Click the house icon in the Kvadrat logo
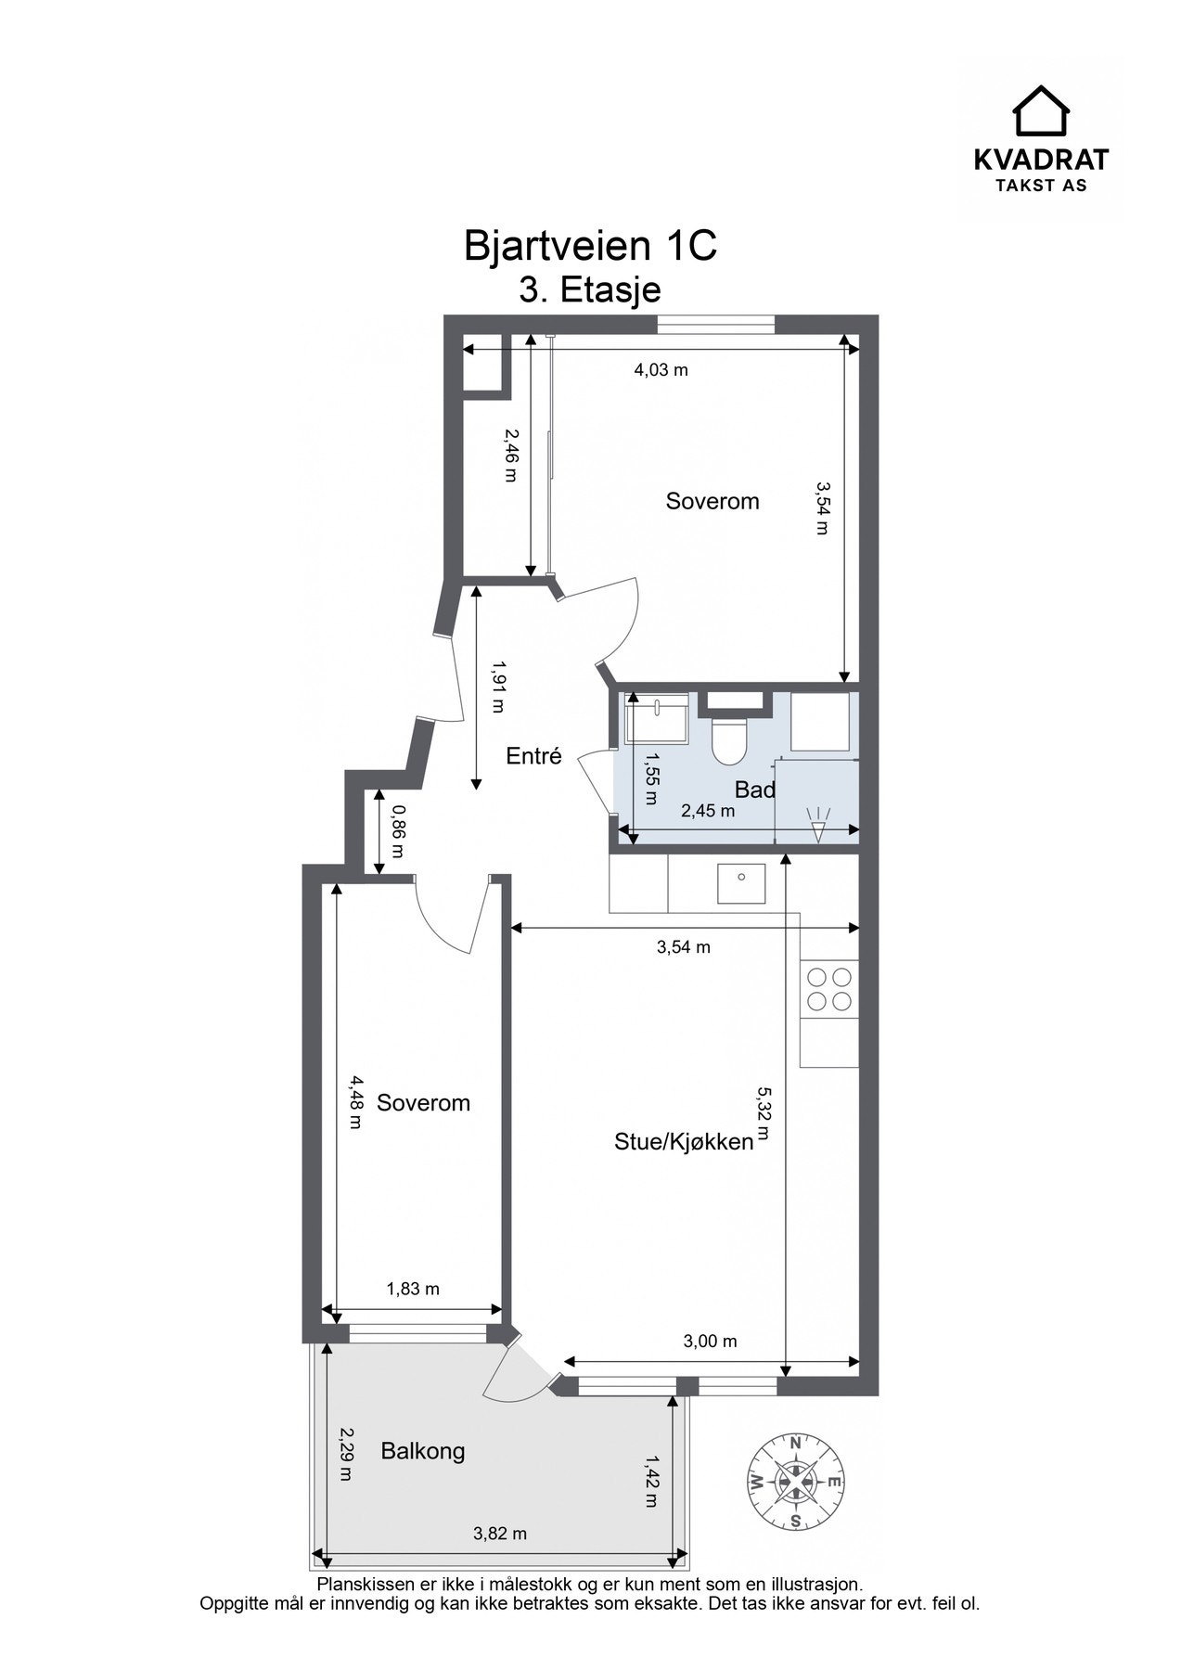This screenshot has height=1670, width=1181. pyautogui.click(x=1040, y=111)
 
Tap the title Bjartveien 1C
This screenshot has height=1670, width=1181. pyautogui.click(x=590, y=246)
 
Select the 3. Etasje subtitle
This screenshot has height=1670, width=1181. pyautogui.click(x=590, y=289)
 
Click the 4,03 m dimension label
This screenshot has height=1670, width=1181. pyautogui.click(x=661, y=370)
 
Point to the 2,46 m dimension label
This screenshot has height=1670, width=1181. pyautogui.click(x=509, y=455)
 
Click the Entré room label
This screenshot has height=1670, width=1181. pyautogui.click(x=533, y=756)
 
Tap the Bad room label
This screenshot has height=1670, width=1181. pyautogui.click(x=754, y=790)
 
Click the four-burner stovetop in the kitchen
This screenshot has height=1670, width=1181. pyautogui.click(x=829, y=989)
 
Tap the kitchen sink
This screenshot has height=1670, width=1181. pyautogui.click(x=741, y=883)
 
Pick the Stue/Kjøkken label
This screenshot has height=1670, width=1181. pyautogui.click(x=683, y=1141)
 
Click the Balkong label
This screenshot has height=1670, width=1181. pyautogui.click(x=423, y=1451)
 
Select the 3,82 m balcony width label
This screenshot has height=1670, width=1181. pyautogui.click(x=500, y=1534)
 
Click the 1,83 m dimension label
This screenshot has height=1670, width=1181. pyautogui.click(x=413, y=1289)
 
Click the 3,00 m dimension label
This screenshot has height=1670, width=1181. pyautogui.click(x=710, y=1341)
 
